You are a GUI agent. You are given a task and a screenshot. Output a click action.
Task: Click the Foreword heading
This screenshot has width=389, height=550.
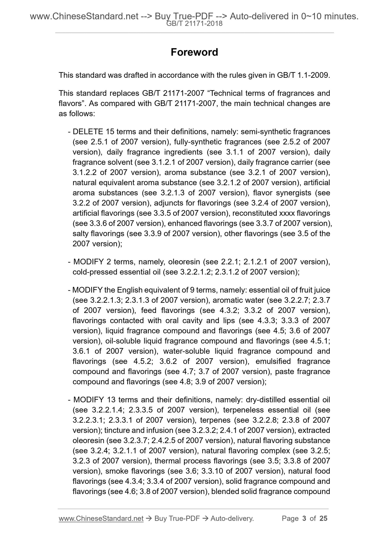point(194,52)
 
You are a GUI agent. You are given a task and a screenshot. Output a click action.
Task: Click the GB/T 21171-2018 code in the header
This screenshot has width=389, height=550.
point(194,24)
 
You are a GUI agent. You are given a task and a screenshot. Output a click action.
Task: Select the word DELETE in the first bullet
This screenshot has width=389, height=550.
point(88,132)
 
